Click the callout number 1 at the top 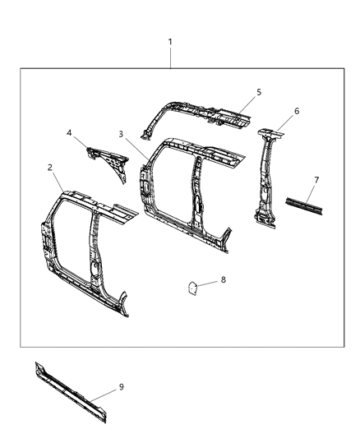[170, 41]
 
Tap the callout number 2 [51, 168]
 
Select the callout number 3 [120, 134]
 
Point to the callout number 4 [70, 131]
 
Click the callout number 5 [259, 93]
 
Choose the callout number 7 [317, 178]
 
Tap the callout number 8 [223, 280]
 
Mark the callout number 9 [122, 385]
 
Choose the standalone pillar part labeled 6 [268, 177]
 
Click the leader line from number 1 [170, 58]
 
